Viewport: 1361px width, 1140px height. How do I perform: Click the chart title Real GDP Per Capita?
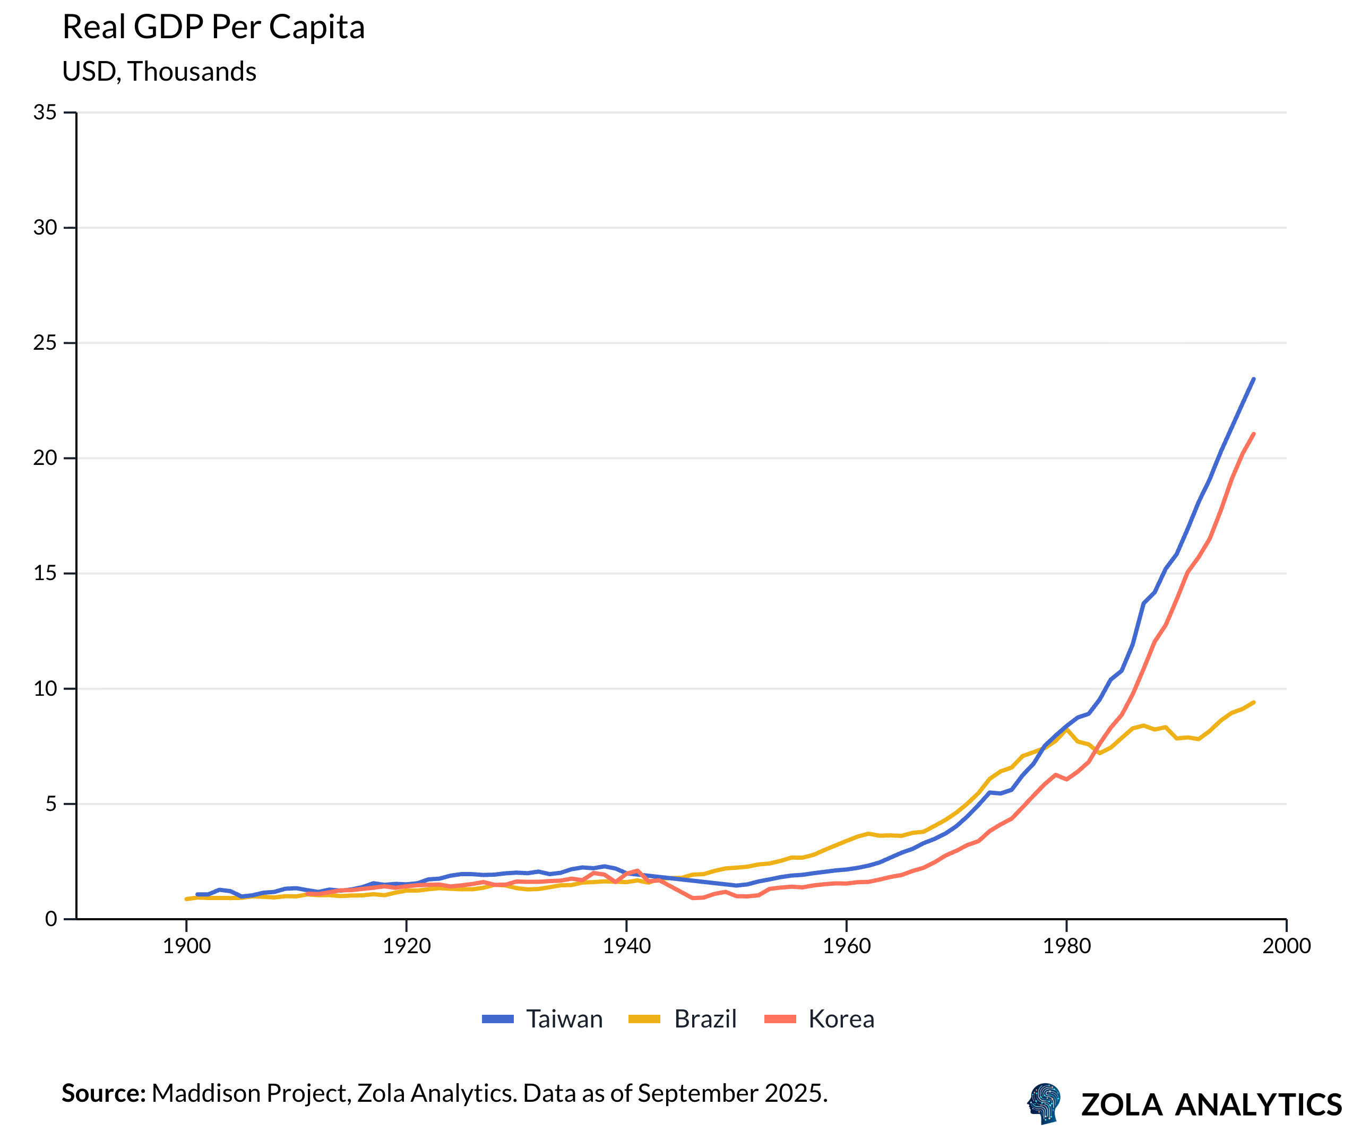click(213, 27)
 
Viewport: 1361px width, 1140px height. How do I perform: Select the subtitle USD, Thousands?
click(159, 71)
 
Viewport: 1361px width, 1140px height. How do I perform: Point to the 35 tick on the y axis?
click(45, 112)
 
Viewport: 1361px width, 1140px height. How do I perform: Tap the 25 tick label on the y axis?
click(45, 343)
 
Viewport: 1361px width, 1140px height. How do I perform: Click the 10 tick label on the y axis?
click(45, 688)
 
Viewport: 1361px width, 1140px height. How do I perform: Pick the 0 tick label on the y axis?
click(50, 919)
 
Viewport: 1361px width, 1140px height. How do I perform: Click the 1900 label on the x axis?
click(187, 946)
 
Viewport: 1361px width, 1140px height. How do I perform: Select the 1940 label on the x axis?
click(627, 946)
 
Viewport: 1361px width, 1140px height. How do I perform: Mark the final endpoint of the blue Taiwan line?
click(1253, 379)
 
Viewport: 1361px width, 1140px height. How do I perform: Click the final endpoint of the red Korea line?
click(1253, 434)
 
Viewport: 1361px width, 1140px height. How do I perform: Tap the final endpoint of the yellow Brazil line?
click(1253, 703)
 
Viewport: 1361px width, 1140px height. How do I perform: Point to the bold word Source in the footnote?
click(104, 1093)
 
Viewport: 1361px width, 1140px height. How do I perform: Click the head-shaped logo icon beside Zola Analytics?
click(1044, 1103)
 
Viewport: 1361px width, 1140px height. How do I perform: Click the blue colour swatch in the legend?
click(498, 1020)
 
